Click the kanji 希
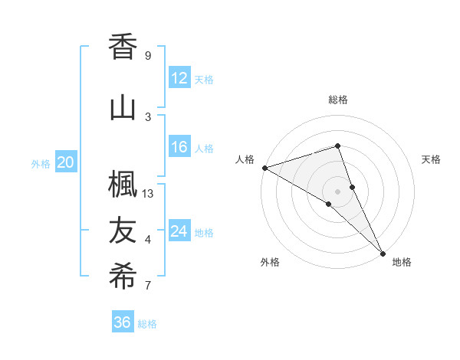pos(124,277)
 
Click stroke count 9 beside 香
pos(148,56)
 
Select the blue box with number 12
pos(179,78)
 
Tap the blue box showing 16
pos(179,147)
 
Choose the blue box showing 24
pos(179,231)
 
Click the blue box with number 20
pos(66,162)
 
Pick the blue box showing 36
pos(122,322)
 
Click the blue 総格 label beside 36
pos(147,324)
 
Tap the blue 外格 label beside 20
pos(41,163)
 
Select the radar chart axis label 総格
pos(338,100)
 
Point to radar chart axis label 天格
pos(432,159)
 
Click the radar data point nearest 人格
pos(264,167)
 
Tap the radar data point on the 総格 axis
pos(337,146)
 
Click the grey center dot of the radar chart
pos(337,191)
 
